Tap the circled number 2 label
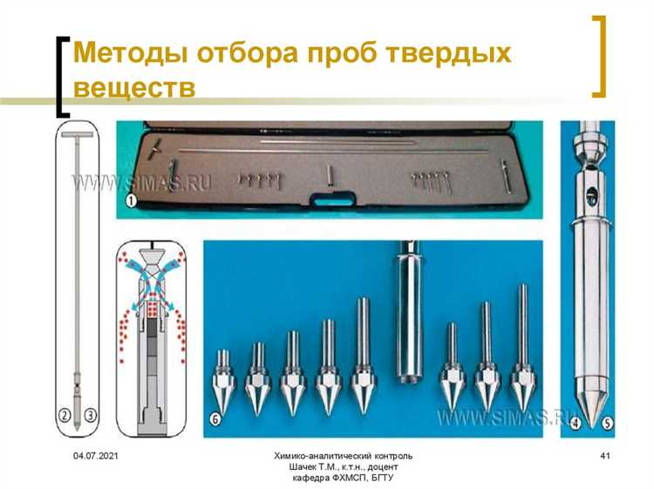[x=64, y=418]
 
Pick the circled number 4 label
[x=577, y=426]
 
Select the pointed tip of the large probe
[x=591, y=415]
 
